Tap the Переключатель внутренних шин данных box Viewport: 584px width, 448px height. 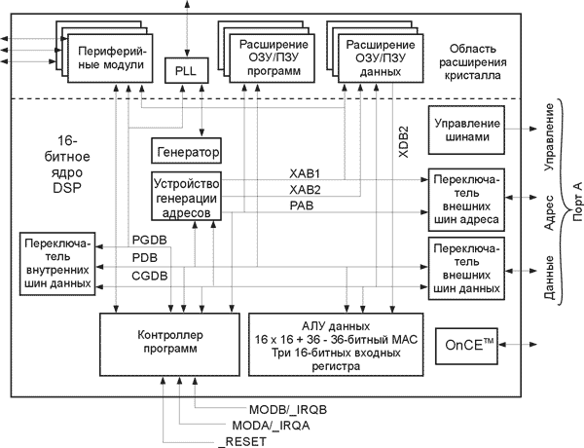(57, 263)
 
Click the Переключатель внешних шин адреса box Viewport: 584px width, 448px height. (463, 201)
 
